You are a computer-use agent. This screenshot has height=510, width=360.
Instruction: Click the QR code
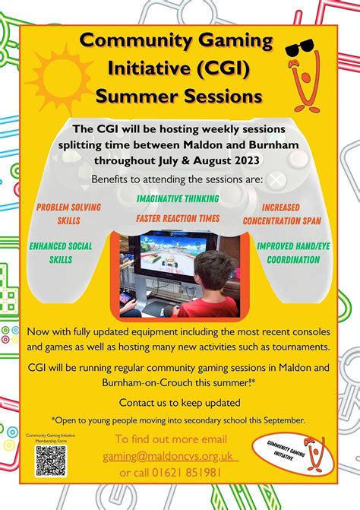click(x=52, y=461)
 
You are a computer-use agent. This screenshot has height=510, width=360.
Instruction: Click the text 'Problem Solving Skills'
click(x=68, y=213)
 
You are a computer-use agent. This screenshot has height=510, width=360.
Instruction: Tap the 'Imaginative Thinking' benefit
click(x=178, y=198)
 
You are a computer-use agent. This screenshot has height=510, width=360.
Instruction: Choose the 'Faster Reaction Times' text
click(x=178, y=218)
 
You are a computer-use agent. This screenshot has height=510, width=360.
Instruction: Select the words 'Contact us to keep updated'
click(x=179, y=401)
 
